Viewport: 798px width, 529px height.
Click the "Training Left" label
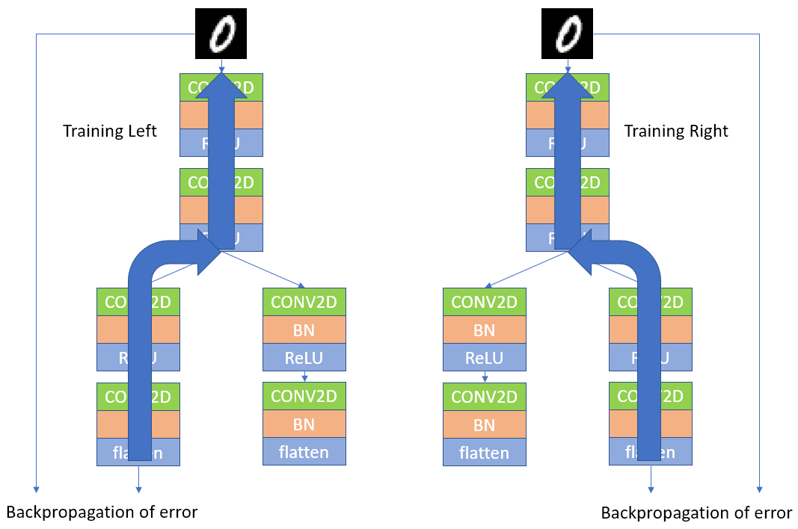(x=110, y=132)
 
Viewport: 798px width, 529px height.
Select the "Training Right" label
(x=675, y=132)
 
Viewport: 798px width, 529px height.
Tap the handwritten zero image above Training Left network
(x=221, y=34)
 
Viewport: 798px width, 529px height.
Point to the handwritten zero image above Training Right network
(x=567, y=34)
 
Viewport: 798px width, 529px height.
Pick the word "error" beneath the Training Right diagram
(x=770, y=513)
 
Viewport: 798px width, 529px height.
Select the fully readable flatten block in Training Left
(x=304, y=451)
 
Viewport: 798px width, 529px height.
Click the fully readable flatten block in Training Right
(x=484, y=453)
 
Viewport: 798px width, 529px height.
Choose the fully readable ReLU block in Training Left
(x=304, y=358)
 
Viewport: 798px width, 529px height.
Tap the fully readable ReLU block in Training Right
(x=484, y=358)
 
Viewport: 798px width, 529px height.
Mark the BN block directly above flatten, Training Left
(x=304, y=424)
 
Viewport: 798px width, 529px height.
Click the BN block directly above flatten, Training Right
(x=484, y=424)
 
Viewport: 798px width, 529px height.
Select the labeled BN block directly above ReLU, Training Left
(x=304, y=330)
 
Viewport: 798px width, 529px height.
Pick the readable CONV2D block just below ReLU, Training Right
(x=484, y=397)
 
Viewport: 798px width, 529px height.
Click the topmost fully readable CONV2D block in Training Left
(x=304, y=302)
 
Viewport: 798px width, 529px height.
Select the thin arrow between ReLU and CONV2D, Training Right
(x=485, y=377)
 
